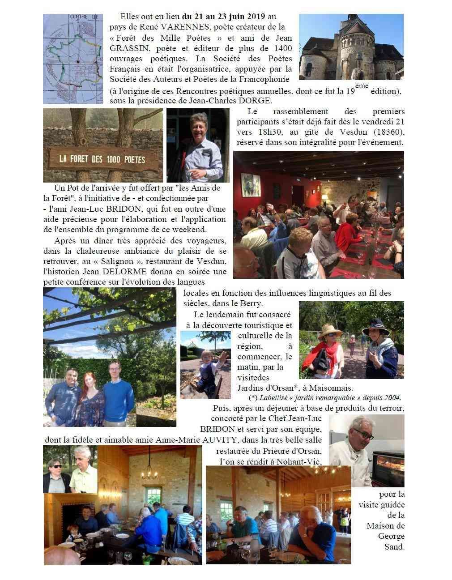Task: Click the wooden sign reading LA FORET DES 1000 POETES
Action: (102, 159)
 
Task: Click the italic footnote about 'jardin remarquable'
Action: (324, 397)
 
